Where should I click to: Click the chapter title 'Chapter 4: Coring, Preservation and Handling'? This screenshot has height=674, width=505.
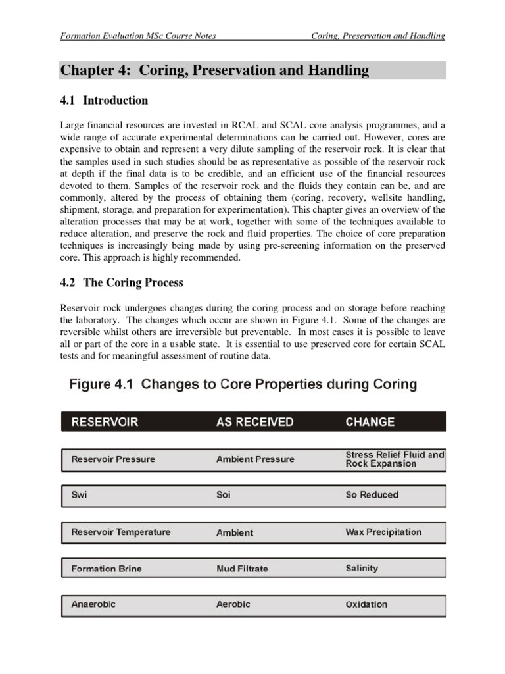click(215, 70)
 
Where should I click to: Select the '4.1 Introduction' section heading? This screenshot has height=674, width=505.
click(104, 101)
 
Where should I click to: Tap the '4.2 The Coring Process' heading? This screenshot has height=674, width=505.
click(122, 282)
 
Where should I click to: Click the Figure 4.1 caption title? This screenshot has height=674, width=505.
click(243, 385)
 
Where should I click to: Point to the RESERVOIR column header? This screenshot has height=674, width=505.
click(105, 422)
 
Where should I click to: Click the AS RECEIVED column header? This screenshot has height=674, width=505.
click(254, 422)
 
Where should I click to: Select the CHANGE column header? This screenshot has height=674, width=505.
click(370, 422)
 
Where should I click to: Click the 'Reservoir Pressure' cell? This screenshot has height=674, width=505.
click(113, 459)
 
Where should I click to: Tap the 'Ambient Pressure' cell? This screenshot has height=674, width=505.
click(255, 459)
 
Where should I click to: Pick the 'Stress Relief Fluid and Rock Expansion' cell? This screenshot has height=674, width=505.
click(395, 459)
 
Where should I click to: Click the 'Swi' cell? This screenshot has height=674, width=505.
click(79, 495)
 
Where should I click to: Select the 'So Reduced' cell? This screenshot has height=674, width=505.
click(372, 495)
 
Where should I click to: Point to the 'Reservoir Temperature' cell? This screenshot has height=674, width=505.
click(120, 532)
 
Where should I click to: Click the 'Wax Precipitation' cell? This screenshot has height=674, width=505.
click(383, 532)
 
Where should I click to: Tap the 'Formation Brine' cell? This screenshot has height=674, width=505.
click(106, 569)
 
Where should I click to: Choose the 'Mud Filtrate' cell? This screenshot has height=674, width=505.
click(242, 569)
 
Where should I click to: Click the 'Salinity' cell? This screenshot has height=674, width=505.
click(362, 568)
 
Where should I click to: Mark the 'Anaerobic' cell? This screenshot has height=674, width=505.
click(93, 604)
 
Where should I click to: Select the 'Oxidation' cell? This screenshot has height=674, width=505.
click(366, 604)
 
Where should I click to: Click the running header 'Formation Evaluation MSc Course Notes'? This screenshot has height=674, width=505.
click(137, 36)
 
